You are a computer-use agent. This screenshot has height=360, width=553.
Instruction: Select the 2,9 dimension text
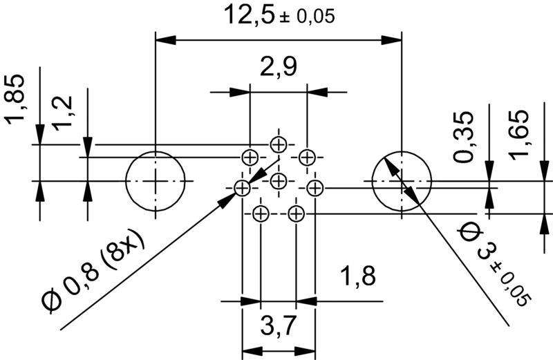pos(279,68)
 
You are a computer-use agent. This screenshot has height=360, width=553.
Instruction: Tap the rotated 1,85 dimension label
pos(17,100)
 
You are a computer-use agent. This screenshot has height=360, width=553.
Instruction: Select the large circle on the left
pos(156,181)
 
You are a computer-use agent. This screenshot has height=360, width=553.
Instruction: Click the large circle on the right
pos(402,181)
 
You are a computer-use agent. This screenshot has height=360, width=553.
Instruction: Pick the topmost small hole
pos(279,144)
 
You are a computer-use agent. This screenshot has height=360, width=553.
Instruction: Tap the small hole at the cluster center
pos(279,182)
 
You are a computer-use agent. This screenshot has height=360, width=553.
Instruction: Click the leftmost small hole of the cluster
pos(242,187)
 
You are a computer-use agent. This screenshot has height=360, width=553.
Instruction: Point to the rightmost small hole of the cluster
pos(315,187)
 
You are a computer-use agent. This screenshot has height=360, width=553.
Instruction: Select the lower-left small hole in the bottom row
pos(261,214)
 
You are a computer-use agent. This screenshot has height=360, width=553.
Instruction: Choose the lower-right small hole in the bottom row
pos(296,214)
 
